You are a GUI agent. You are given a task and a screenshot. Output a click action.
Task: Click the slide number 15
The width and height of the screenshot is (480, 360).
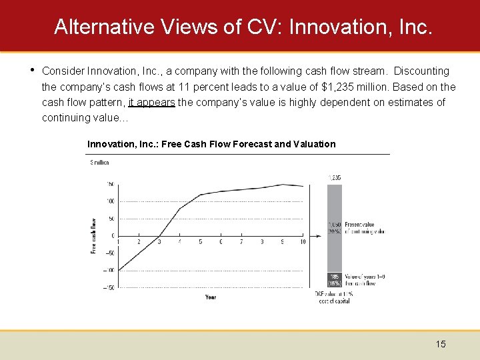click(x=441, y=344)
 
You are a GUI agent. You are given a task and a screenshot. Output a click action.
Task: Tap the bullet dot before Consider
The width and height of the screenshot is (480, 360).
click(x=31, y=70)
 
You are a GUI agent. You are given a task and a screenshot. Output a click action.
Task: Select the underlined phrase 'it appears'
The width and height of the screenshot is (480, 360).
click(x=151, y=102)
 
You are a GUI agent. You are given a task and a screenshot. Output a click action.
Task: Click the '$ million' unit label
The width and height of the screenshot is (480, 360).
click(x=99, y=162)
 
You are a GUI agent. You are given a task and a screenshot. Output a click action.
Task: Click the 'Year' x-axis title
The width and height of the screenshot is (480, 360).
click(x=211, y=297)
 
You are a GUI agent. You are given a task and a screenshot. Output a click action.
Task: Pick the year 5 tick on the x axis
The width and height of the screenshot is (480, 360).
click(x=200, y=242)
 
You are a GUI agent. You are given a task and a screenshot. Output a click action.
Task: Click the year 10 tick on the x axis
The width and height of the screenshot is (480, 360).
click(x=302, y=242)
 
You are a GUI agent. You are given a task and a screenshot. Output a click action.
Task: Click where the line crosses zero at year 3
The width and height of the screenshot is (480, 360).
click(x=159, y=236)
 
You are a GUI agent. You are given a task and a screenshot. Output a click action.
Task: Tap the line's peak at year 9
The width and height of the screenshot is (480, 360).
click(x=282, y=184)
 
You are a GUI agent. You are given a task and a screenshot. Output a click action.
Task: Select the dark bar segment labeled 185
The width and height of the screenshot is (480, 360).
click(x=334, y=278)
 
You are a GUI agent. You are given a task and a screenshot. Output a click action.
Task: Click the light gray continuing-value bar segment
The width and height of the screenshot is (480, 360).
click(x=334, y=227)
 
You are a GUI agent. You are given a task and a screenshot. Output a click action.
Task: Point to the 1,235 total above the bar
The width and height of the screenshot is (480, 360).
click(x=334, y=177)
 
